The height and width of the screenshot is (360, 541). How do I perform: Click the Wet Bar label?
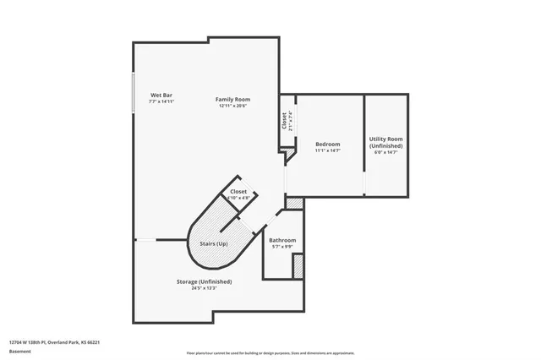click(161, 95)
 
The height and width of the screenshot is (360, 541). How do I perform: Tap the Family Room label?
click(231, 99)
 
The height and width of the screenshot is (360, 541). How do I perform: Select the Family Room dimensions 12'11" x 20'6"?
click(231, 106)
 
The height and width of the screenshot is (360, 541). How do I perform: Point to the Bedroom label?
click(327, 144)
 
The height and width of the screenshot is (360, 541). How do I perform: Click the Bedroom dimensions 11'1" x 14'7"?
click(327, 150)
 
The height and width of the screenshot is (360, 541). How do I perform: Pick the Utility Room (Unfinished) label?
click(385, 142)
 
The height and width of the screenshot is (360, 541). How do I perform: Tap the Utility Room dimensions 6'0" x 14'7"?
click(385, 152)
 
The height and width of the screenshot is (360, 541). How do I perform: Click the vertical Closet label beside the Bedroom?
click(285, 121)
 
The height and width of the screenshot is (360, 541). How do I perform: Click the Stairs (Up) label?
click(213, 243)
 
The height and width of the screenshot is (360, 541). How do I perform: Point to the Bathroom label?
click(282, 240)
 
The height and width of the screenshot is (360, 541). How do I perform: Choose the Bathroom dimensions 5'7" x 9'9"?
click(282, 248)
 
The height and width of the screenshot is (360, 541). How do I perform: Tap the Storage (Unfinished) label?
click(204, 281)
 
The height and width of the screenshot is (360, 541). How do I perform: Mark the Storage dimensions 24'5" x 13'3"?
click(204, 288)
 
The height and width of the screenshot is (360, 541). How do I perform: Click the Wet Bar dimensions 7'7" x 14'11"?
click(161, 101)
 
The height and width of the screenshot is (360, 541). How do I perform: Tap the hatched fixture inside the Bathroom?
click(298, 265)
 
